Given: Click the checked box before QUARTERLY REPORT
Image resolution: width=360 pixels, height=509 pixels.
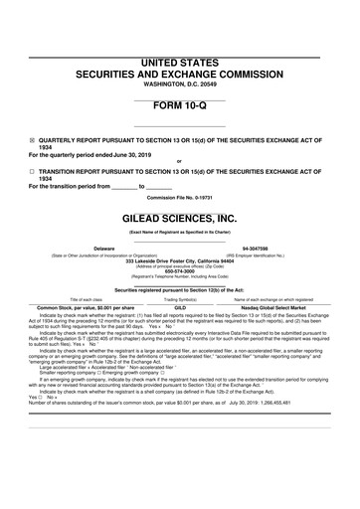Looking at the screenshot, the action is (x=32, y=141).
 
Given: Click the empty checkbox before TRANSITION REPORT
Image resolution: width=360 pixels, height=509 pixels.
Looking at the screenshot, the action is (x=32, y=170).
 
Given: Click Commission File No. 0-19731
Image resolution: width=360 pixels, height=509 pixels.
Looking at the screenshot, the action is (x=180, y=197).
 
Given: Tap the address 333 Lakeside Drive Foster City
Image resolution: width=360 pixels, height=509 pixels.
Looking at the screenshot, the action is (x=180, y=260).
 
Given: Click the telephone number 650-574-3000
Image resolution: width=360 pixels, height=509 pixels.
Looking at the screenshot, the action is (x=180, y=271).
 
